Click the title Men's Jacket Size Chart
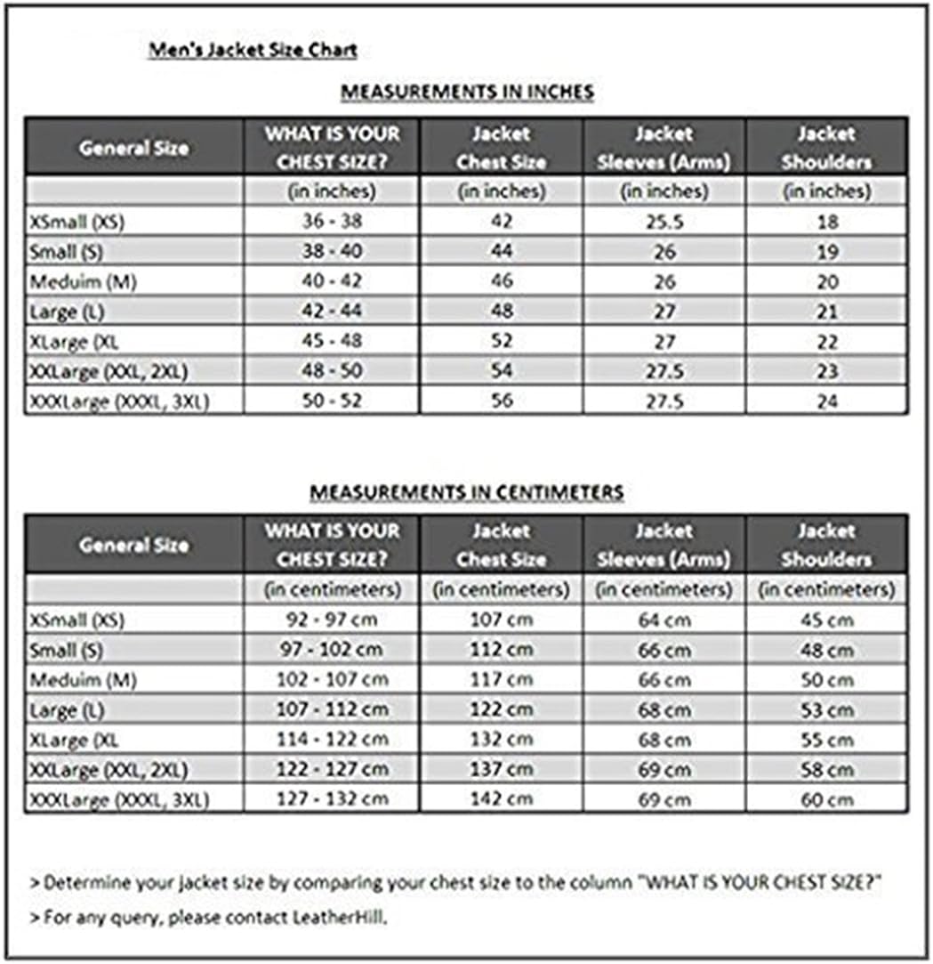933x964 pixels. pyautogui.click(x=253, y=51)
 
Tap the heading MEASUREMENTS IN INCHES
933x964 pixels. pyautogui.click(x=467, y=92)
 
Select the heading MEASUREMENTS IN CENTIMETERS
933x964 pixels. pyautogui.click(x=466, y=492)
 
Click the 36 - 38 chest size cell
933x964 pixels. pyautogui.click(x=332, y=222)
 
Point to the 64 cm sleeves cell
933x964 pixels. pyautogui.click(x=664, y=620)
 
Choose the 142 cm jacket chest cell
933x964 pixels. pyautogui.click(x=501, y=798)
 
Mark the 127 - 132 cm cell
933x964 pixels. pyautogui.click(x=332, y=798)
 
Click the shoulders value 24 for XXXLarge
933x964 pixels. pyautogui.click(x=827, y=401)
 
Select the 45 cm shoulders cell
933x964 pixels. pyautogui.click(x=827, y=620)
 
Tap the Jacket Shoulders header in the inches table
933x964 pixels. pyautogui.click(x=826, y=148)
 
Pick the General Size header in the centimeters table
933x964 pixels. pyautogui.click(x=133, y=545)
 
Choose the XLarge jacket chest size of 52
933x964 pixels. pyautogui.click(x=501, y=341)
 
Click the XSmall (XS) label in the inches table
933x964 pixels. pyautogui.click(x=76, y=223)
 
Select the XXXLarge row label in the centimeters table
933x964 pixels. pyautogui.click(x=118, y=799)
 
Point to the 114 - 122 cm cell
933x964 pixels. pyautogui.click(x=332, y=739)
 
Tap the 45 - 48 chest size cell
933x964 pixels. pyautogui.click(x=332, y=341)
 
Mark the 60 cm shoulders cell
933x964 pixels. pyautogui.click(x=827, y=798)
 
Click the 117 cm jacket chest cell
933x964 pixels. pyautogui.click(x=501, y=679)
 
